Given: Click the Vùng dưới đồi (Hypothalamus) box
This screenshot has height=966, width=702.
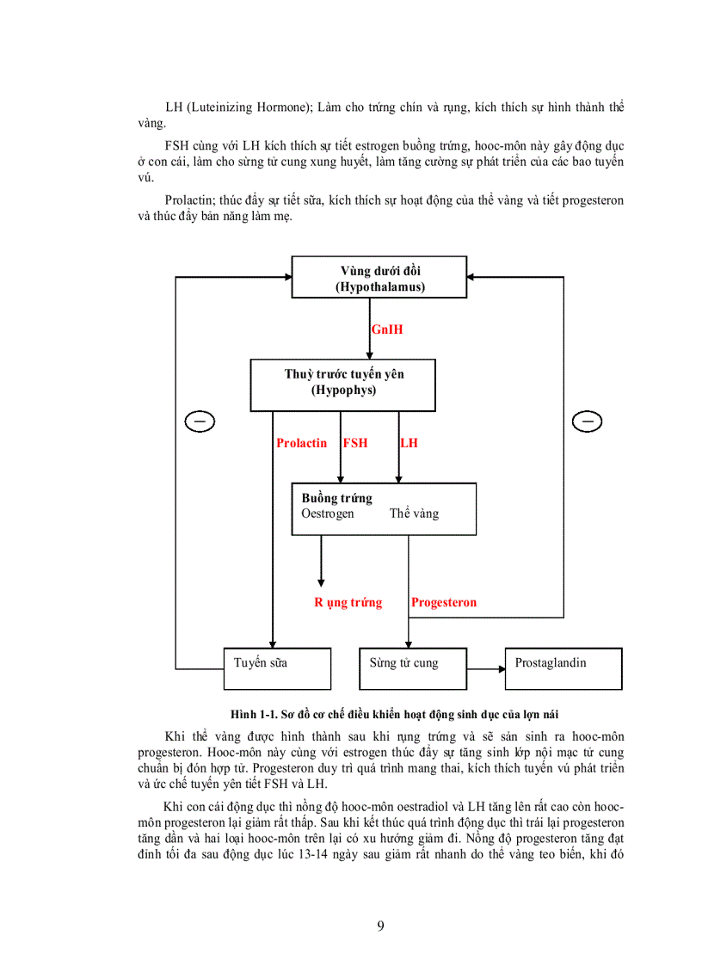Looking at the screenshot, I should tap(379, 278).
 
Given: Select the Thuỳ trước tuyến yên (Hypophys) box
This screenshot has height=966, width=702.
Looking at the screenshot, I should tap(343, 385).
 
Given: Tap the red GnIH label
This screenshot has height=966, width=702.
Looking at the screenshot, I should tap(386, 329).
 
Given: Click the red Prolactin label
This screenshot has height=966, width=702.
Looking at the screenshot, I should tap(301, 443).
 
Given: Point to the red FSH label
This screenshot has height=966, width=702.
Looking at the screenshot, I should tap(355, 443).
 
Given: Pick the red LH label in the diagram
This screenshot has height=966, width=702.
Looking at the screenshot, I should tap(409, 443).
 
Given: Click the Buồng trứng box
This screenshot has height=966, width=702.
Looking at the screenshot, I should tap(384, 508).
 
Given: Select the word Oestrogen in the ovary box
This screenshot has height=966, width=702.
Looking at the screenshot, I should tap(328, 514).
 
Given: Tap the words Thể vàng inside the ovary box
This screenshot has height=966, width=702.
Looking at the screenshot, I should tap(414, 514).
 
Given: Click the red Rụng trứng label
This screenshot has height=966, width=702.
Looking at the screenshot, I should tap(348, 602).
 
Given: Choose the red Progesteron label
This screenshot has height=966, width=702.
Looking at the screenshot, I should tap(444, 602).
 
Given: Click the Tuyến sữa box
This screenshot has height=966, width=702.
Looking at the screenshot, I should tap(277, 668).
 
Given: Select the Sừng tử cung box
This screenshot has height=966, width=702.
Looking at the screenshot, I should tap(412, 668).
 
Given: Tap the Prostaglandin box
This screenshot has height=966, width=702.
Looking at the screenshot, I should tap(563, 668).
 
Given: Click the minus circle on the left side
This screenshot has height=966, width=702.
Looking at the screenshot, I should tap(200, 421).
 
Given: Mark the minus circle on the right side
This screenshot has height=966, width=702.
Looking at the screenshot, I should tap(587, 421).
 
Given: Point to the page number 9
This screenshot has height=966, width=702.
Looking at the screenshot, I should tap(380, 926).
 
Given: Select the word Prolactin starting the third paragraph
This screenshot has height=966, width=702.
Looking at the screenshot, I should tap(189, 200).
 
